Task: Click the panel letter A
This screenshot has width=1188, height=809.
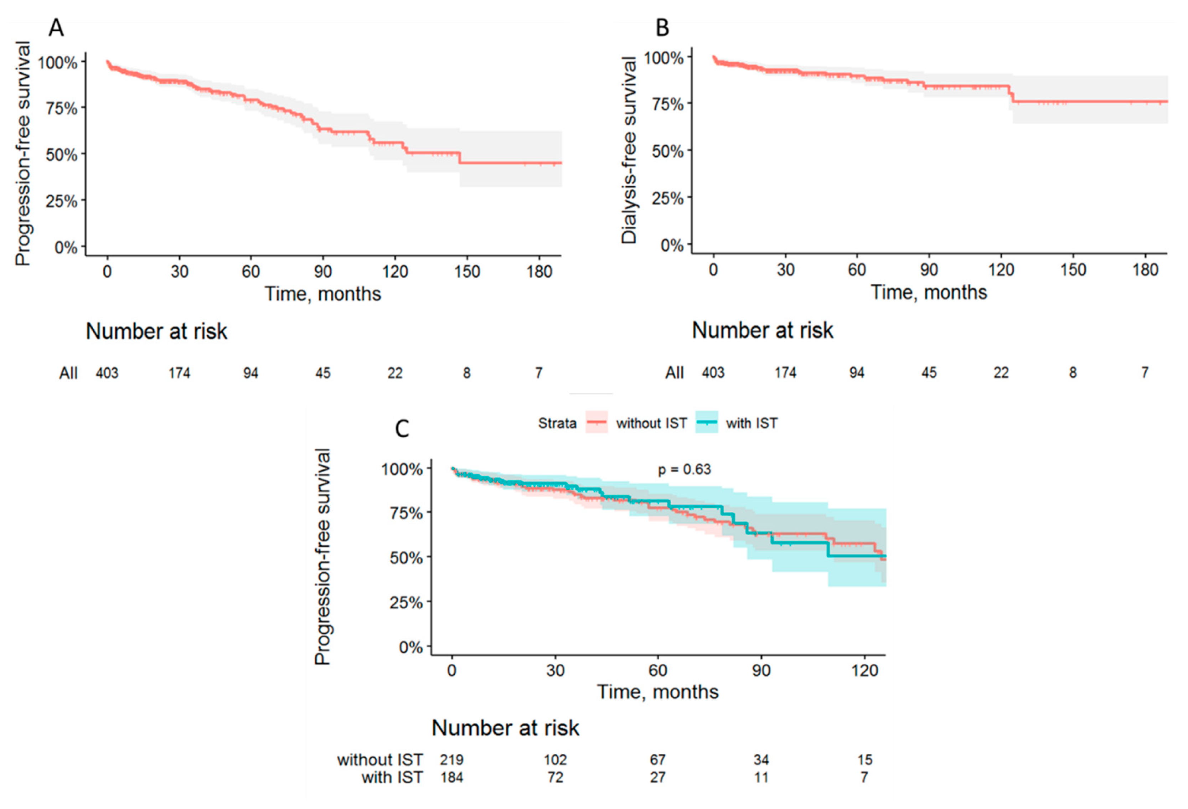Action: [56, 27]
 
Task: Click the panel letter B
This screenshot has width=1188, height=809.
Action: [662, 27]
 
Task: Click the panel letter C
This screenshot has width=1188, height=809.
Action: [402, 428]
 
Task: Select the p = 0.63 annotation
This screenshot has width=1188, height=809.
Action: [684, 469]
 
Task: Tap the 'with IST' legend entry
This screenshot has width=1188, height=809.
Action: [751, 423]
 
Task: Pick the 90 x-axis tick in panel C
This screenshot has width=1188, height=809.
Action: [761, 670]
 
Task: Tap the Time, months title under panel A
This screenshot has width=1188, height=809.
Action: [322, 294]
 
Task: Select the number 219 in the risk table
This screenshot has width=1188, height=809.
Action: [451, 759]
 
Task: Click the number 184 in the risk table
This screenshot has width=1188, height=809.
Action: [451, 777]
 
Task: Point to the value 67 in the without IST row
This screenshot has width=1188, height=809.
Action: [658, 759]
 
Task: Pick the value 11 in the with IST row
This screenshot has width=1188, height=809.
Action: [761, 777]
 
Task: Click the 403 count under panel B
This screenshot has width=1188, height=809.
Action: [713, 372]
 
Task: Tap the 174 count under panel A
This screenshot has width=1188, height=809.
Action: [180, 373]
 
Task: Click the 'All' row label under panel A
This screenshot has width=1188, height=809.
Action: [68, 373]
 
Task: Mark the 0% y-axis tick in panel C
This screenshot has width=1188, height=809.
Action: [410, 648]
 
